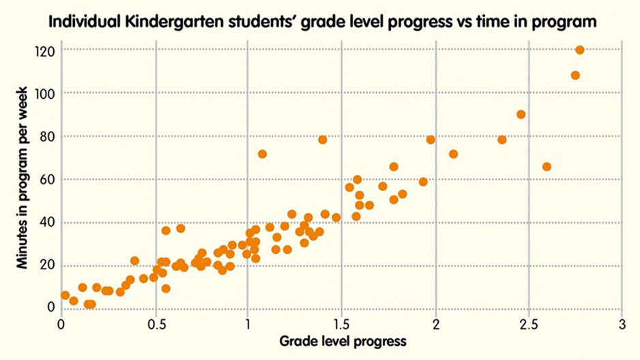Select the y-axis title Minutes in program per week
coord(25,177)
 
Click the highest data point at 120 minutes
coord(580,50)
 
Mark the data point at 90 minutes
coord(521,115)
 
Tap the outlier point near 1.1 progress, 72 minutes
coord(262,154)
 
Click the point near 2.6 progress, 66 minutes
coord(547,167)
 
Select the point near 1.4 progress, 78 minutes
coord(323,140)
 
